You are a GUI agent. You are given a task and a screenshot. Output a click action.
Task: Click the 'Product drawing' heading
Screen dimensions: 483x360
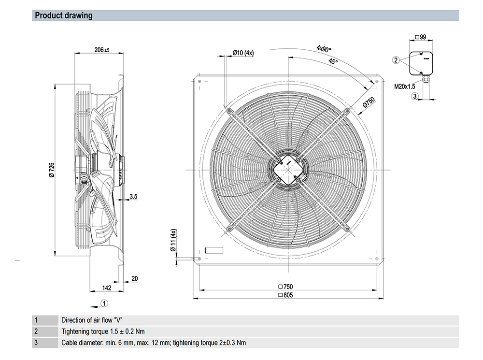63,15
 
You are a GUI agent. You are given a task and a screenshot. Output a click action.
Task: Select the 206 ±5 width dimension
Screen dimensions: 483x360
101,50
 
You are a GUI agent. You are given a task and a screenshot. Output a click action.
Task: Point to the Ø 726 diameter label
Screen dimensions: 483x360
52,170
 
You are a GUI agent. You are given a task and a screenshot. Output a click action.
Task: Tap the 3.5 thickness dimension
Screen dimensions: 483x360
133,196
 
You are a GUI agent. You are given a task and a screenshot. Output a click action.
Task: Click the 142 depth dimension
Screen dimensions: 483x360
107,288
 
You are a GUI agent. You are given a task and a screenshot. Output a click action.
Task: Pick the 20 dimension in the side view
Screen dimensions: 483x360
135,279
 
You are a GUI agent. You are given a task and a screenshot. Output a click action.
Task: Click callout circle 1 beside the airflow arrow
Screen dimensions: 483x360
104,303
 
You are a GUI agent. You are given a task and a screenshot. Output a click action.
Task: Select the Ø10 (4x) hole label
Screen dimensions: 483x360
243,53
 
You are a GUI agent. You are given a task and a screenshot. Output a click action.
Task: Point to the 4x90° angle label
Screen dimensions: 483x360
324,49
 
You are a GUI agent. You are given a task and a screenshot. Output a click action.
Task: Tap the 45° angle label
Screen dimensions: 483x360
333,61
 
